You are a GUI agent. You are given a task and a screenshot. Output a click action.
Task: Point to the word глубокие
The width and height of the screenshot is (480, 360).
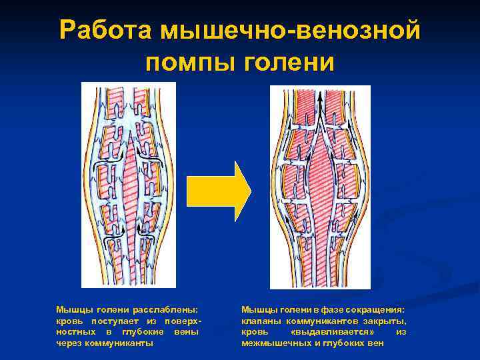tap(143, 332)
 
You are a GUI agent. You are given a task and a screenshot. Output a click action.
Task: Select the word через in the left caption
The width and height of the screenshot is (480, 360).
tap(69, 343)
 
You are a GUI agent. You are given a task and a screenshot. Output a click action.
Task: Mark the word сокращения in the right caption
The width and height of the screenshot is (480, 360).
tap(376, 310)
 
